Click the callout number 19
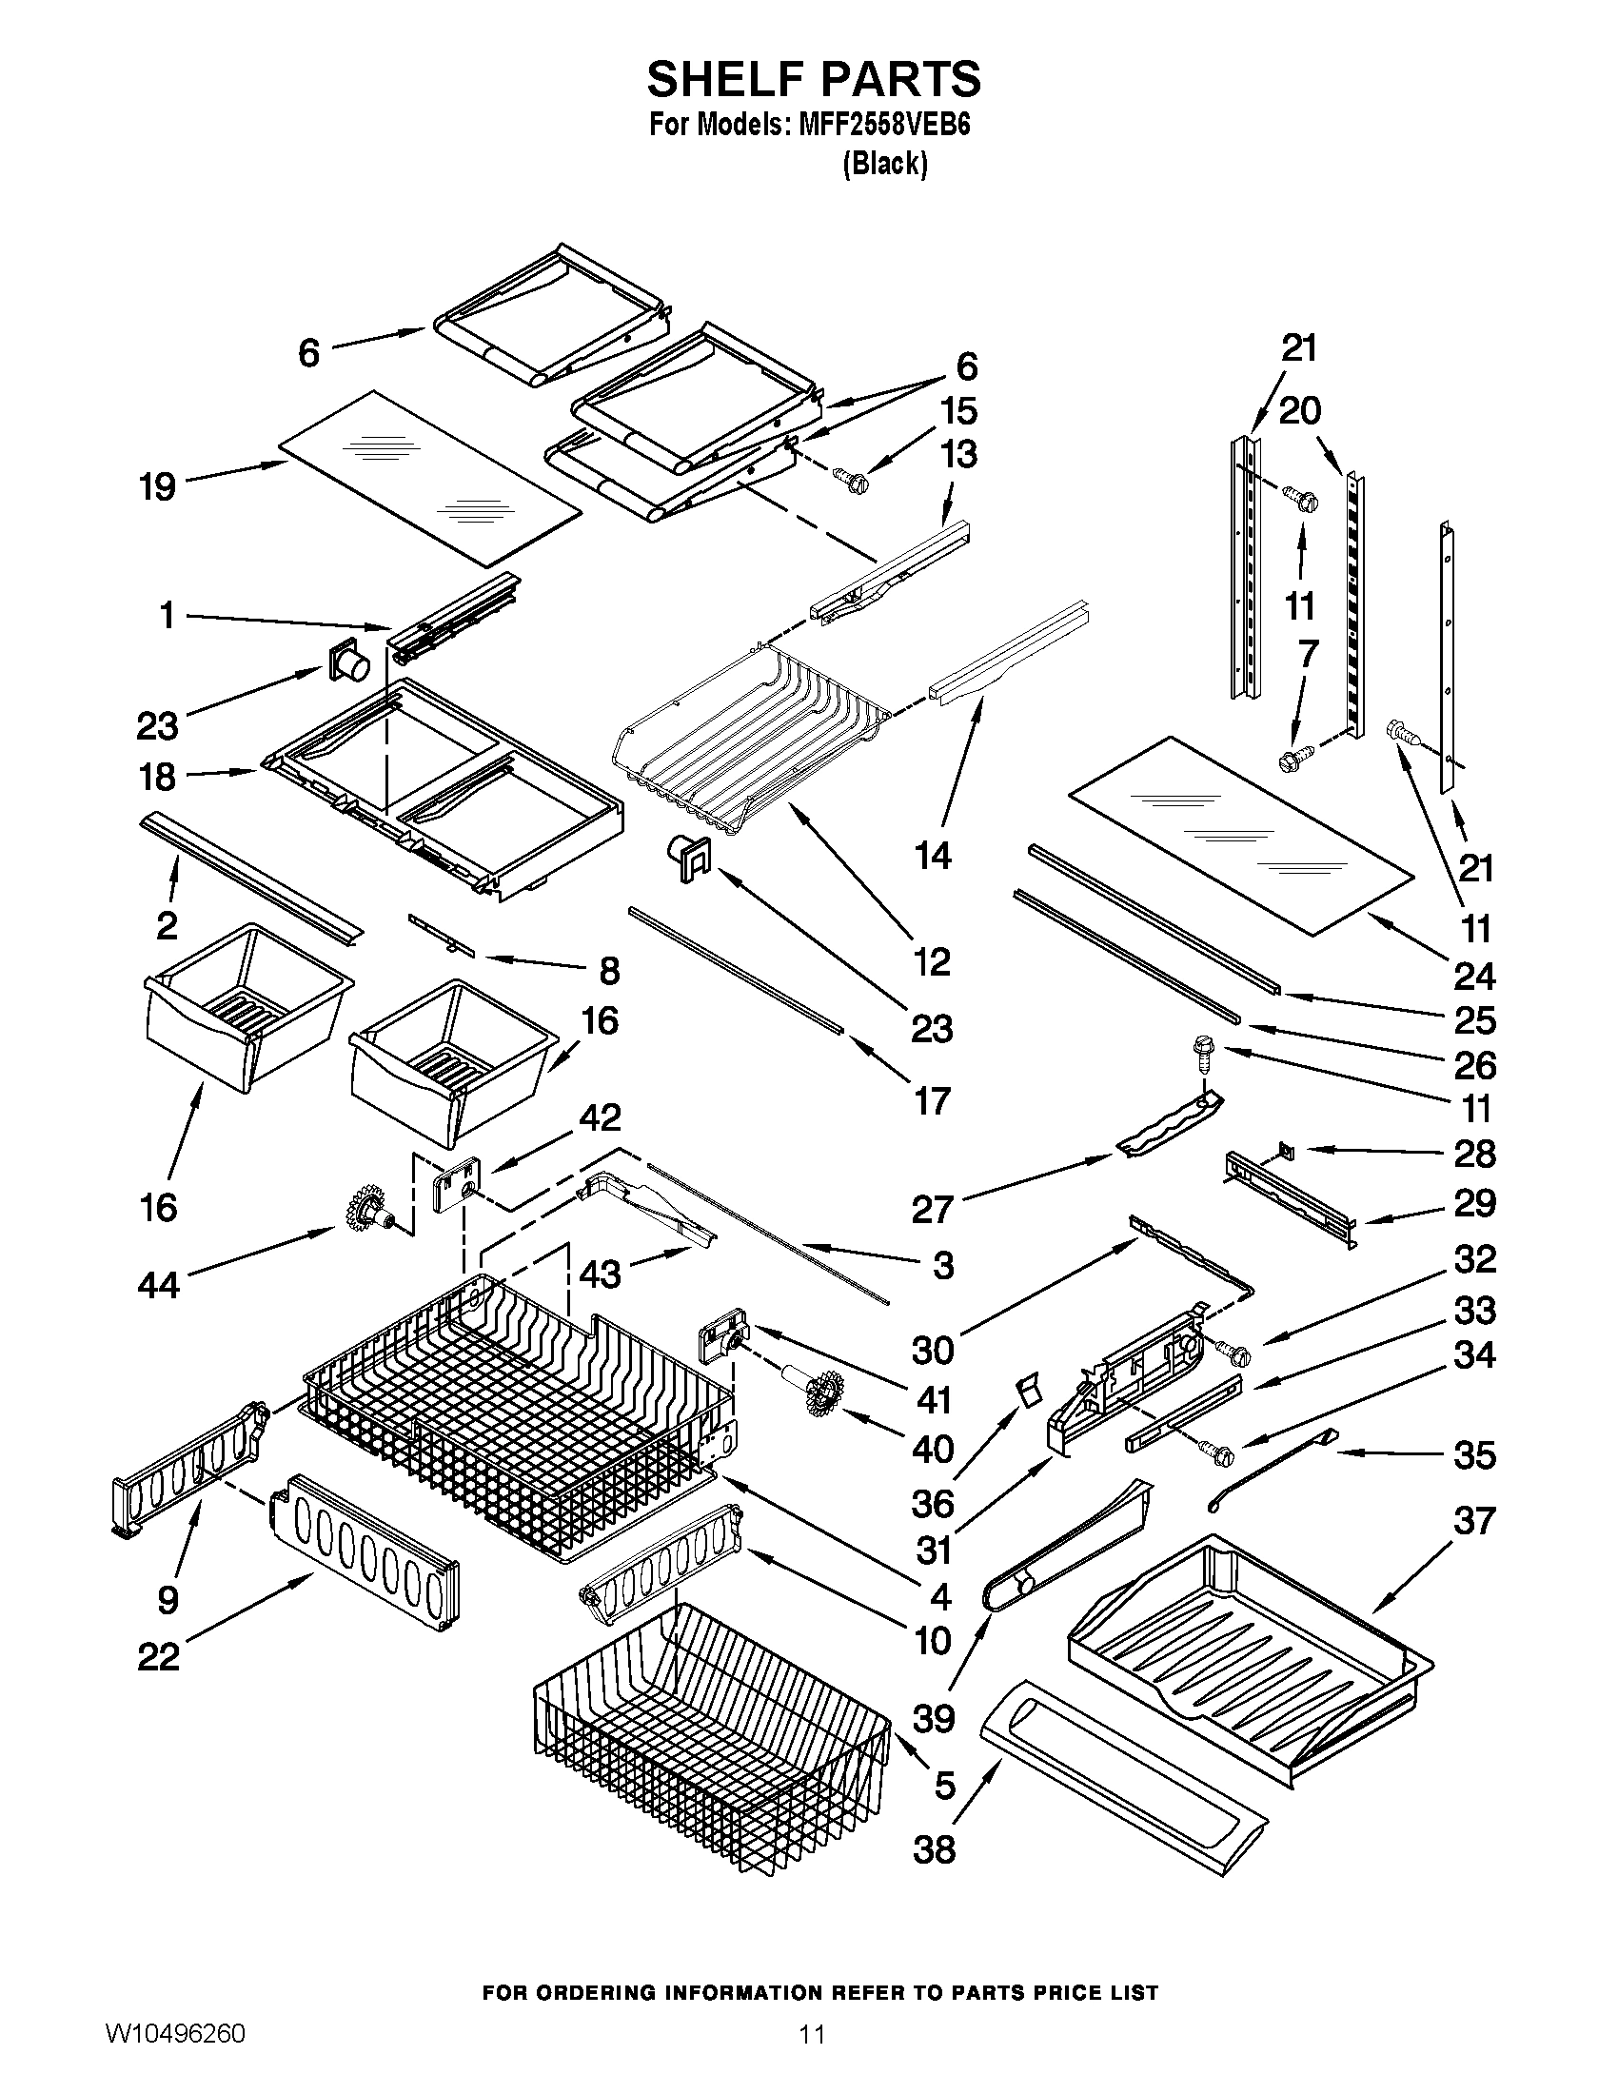157,486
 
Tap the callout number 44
159,1284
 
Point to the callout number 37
1474,1520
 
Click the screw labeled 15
849,477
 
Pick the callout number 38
935,1848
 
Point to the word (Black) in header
885,165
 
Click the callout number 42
598,1117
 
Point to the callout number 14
933,855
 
